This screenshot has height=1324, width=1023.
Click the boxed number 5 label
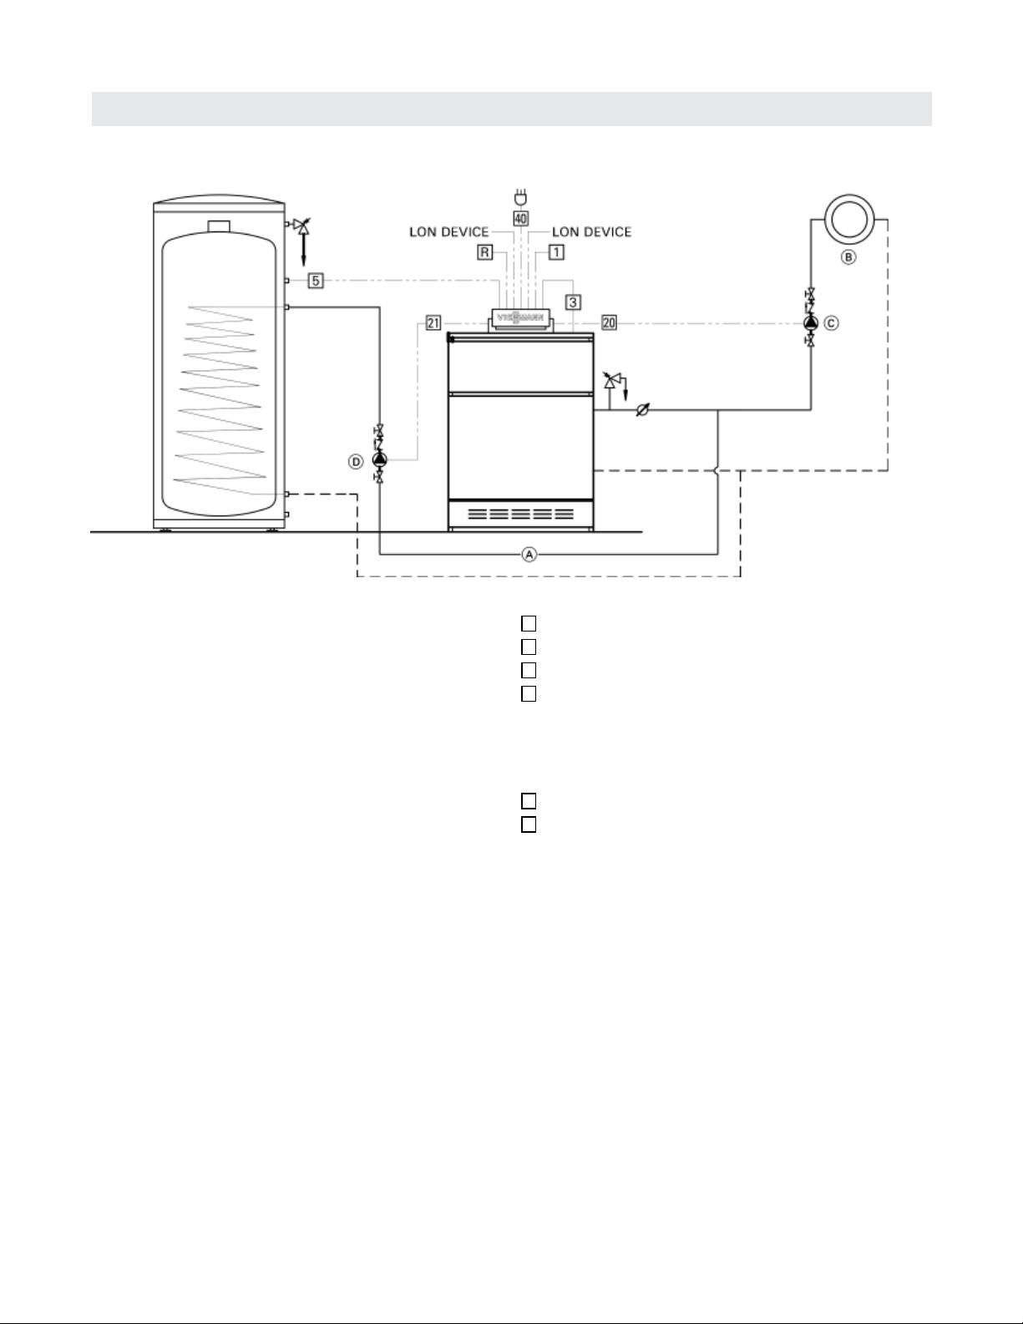(x=316, y=281)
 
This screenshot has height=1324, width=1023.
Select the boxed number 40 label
(x=520, y=218)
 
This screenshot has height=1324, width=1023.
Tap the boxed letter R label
(x=485, y=251)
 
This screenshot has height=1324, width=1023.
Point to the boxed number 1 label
(x=556, y=251)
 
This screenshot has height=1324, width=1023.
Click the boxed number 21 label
(x=433, y=323)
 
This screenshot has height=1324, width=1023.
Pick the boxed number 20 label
(x=609, y=323)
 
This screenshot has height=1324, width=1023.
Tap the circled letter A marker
(x=529, y=554)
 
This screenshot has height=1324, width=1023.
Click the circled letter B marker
(x=848, y=257)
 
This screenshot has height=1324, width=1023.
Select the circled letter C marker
(x=832, y=323)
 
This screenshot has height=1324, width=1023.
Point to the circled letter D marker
(x=357, y=460)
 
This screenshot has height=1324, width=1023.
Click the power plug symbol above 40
(x=520, y=199)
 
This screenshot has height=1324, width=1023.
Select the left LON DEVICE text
(x=448, y=231)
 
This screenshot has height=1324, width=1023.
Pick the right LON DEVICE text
(x=591, y=231)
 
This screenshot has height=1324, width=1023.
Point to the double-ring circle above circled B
(x=848, y=220)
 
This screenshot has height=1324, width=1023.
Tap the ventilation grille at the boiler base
(x=519, y=514)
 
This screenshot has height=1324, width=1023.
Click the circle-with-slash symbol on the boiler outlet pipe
(x=643, y=409)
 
